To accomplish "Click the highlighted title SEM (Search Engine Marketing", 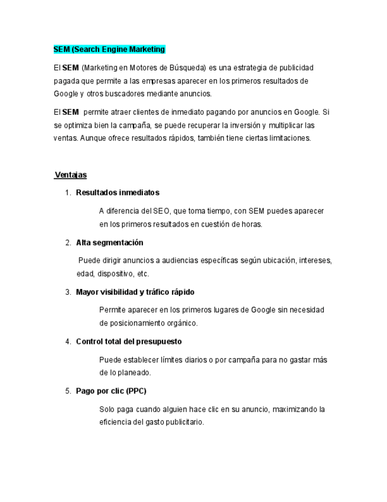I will pyautogui.click(x=109, y=49).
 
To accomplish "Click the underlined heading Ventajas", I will pyautogui.click(x=71, y=175).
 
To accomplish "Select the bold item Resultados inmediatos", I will pyautogui.click(x=118, y=192).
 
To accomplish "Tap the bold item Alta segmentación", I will pyautogui.click(x=109, y=243).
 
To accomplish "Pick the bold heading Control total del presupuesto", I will pyautogui.click(x=129, y=342).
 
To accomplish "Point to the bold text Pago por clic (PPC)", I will pyautogui.click(x=111, y=391).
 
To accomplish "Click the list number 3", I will pyautogui.click(x=68, y=292).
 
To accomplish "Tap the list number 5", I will pyautogui.click(x=68, y=391).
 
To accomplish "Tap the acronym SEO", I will pyautogui.click(x=161, y=211).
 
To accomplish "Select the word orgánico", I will pyautogui.click(x=180, y=323).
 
